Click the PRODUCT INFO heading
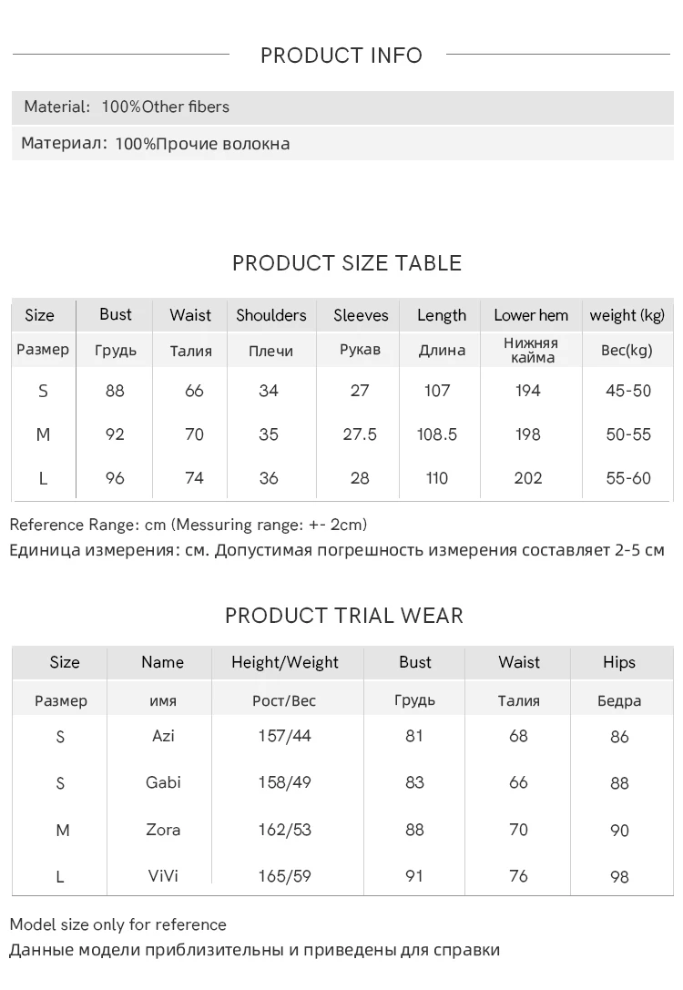coord(341,56)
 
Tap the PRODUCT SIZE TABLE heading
coord(347,263)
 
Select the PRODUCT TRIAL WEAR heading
coord(344,616)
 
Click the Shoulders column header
coord(271,315)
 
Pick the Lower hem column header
coord(531,315)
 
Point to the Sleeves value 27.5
coord(360,434)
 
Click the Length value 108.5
coord(437,434)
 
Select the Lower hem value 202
coord(528,478)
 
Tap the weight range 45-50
coord(628,391)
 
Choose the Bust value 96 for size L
coord(115,478)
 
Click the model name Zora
coord(163,830)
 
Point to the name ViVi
coord(163,876)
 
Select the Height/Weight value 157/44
coord(285,735)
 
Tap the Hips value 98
coord(619,877)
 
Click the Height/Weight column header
coord(285,662)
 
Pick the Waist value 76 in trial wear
coord(518,876)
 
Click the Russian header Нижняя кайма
coord(530,350)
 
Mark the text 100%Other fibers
coord(165,107)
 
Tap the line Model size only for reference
coord(117,924)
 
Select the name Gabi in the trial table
coord(163,782)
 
